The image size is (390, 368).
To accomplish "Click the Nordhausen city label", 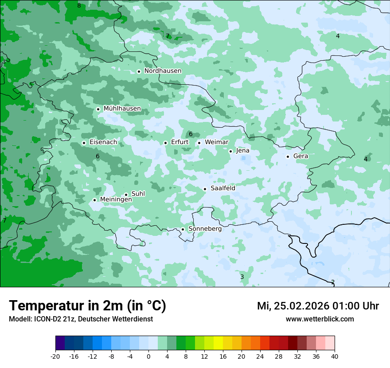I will click(163, 71).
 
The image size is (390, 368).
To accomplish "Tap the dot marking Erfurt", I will click(165, 143).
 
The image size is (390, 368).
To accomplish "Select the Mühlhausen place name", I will click(122, 109).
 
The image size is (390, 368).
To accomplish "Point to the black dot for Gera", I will click(288, 157).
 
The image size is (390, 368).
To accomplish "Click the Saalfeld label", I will click(222, 188).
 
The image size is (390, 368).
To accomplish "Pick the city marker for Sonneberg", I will click(183, 229).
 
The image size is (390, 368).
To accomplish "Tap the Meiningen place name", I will click(116, 200).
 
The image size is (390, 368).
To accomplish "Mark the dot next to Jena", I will click(230, 151).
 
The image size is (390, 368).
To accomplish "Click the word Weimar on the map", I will click(216, 142).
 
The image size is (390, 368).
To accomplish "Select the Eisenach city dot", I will click(84, 143).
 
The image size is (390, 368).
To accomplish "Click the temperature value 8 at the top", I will click(79, 6).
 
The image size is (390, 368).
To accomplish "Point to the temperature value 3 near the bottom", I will click(242, 277).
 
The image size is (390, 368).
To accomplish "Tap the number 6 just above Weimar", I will click(191, 134).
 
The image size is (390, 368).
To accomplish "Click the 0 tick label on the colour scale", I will click(148, 356).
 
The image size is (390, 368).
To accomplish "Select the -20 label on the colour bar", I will click(55, 356).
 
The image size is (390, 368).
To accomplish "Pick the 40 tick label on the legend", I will click(335, 356).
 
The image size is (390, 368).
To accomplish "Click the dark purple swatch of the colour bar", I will click(60, 343).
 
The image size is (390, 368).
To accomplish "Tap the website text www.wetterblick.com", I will click(320, 319).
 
